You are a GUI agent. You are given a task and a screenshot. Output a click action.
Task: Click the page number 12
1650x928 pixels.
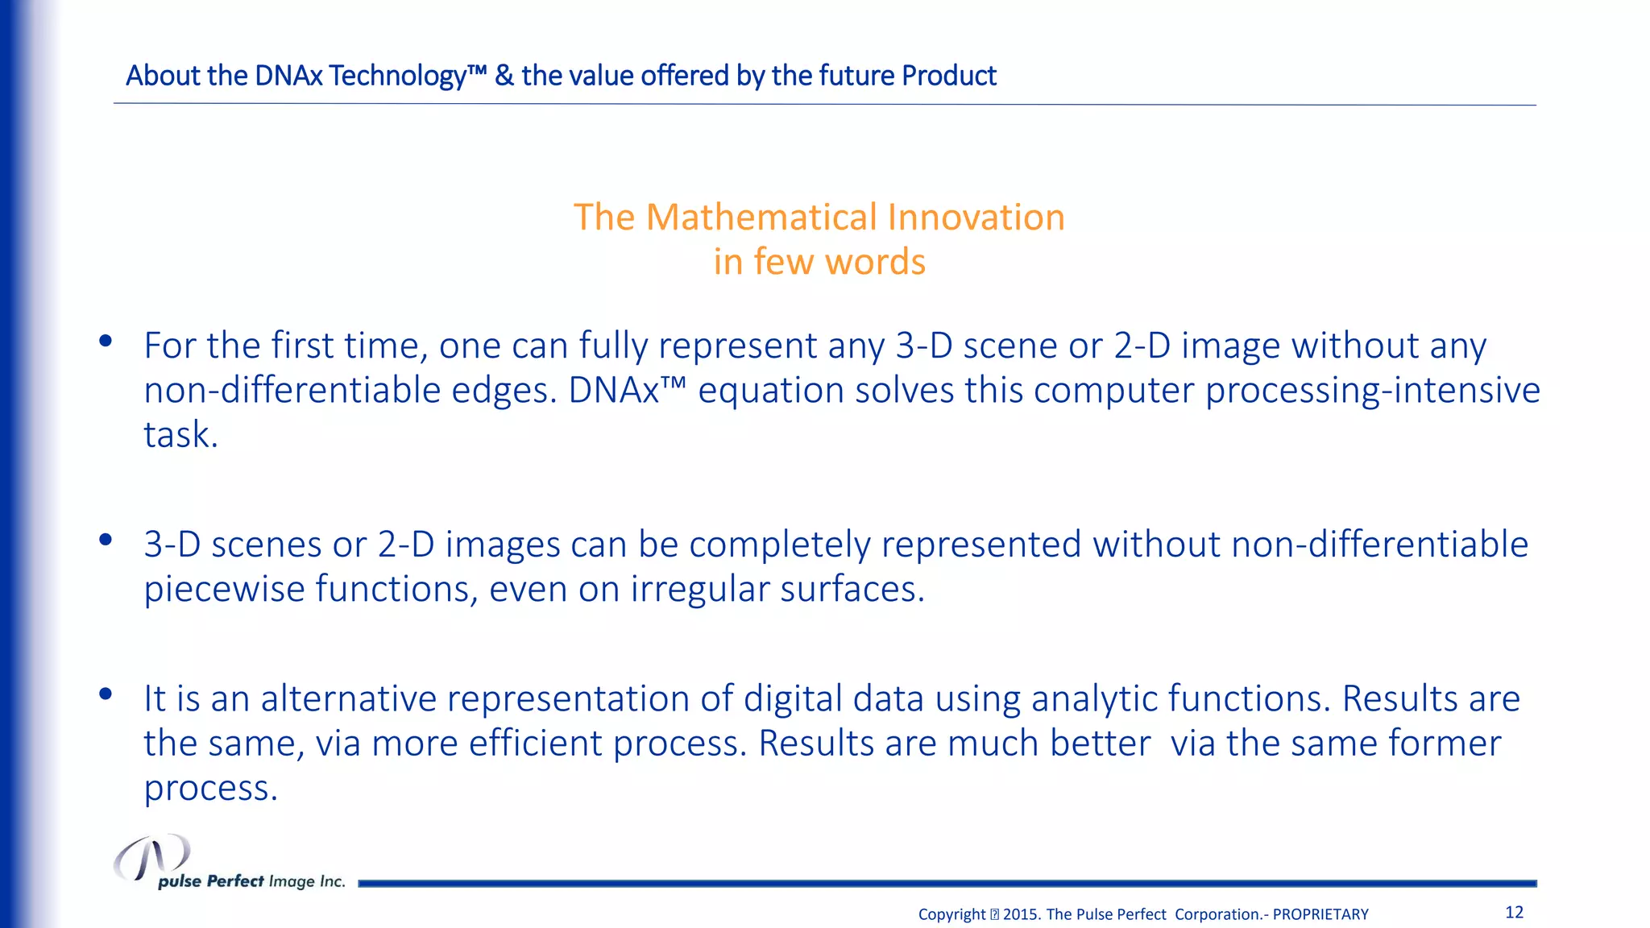tap(1514, 912)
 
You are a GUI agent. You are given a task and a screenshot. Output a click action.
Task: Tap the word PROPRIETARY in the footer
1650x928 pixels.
tap(1320, 914)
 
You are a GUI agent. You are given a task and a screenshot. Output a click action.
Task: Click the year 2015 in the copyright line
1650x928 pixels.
tap(1021, 914)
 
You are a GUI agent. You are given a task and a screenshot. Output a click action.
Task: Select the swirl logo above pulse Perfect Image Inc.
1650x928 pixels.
tap(151, 857)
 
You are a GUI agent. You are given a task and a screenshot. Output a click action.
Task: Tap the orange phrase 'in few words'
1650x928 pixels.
tap(819, 262)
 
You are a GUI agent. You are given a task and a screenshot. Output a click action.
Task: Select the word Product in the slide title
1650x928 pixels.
tap(948, 76)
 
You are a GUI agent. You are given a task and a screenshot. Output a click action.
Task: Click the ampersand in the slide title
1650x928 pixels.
tap(504, 76)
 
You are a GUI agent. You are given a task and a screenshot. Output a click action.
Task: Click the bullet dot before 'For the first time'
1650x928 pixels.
tap(105, 342)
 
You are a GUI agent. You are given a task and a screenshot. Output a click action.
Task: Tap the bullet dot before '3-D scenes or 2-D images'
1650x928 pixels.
tap(105, 541)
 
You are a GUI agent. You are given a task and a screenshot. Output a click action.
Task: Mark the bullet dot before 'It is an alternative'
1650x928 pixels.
tap(105, 694)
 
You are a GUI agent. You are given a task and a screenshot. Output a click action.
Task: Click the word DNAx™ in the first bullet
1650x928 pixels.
tap(628, 391)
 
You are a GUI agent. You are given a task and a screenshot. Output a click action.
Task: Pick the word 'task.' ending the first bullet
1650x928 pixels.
tap(180, 435)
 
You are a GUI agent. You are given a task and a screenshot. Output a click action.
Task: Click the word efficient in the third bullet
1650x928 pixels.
tap(536, 743)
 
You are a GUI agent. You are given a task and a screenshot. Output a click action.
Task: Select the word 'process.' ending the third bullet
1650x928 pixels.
tap(211, 788)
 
